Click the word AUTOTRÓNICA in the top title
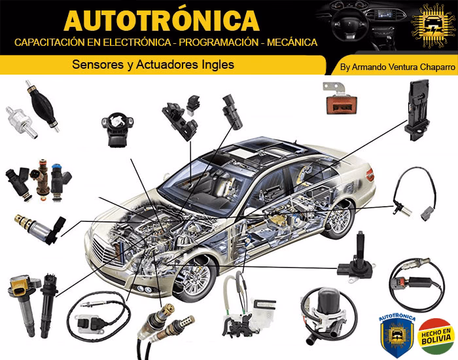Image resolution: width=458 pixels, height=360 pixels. point(162,20)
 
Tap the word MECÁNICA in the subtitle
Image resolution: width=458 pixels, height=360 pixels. point(285,43)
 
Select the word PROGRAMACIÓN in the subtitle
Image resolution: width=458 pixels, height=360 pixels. point(208,43)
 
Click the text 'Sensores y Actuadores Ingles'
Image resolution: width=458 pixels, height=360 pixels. point(152,65)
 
